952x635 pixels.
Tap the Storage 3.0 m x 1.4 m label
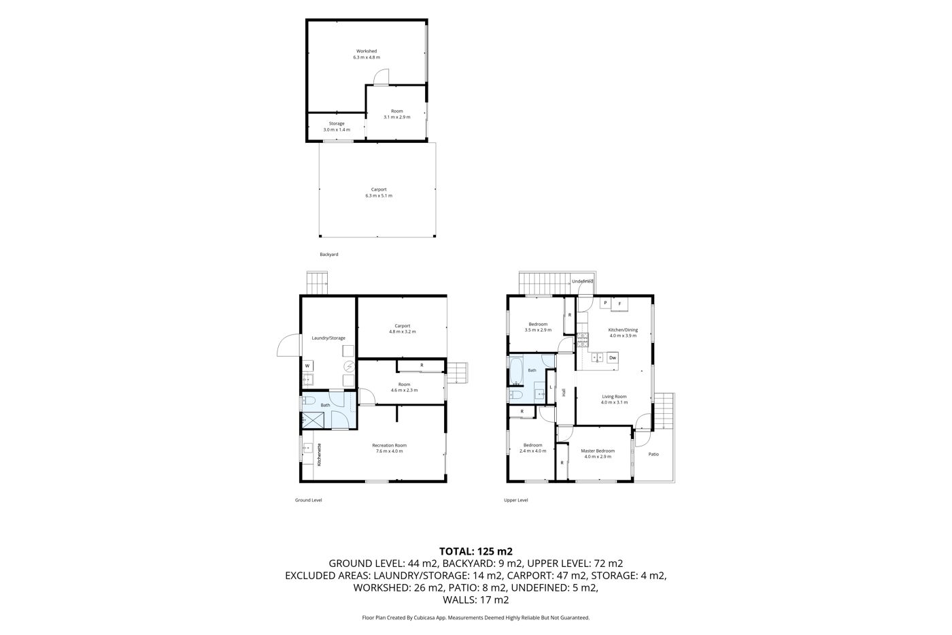pos(337,127)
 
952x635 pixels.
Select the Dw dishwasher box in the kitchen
pos(613,358)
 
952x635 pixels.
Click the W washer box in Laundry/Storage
pos(308,365)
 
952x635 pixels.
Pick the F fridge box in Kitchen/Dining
pos(619,304)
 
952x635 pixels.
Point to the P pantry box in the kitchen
pos(605,303)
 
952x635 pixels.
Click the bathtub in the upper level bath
pos(516,371)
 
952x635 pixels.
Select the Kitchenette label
pos(320,454)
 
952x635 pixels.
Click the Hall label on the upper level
pos(564,393)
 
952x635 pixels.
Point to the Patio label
pos(653,454)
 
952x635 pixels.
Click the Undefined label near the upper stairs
pos(582,281)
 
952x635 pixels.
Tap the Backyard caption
pos(329,255)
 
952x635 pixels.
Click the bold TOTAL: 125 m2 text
pos(476,551)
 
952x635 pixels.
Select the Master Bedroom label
pos(598,451)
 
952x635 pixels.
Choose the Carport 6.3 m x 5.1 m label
pos(379,193)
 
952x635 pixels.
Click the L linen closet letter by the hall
pos(551,387)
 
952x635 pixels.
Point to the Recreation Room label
pos(389,445)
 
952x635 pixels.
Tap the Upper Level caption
pos(516,500)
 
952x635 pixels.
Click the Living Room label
pos(614,396)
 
